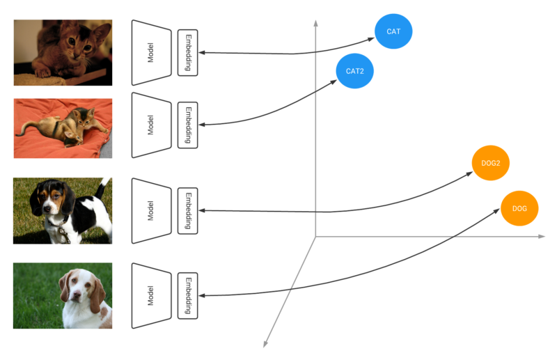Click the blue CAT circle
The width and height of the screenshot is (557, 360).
[x=393, y=32]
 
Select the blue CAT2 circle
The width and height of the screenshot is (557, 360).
[x=355, y=70]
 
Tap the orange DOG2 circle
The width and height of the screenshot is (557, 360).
[x=491, y=163]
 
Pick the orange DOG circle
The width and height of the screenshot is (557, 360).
[x=519, y=208]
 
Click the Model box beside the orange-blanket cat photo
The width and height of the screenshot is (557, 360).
[x=151, y=125]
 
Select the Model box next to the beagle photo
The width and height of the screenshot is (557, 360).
[x=151, y=210]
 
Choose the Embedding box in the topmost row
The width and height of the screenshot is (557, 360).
[x=188, y=52]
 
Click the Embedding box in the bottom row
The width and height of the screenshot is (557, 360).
[x=188, y=295]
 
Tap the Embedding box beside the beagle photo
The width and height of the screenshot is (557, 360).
[x=188, y=210]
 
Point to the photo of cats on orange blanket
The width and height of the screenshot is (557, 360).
[x=63, y=128]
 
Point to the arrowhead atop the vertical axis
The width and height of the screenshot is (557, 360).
[x=316, y=23]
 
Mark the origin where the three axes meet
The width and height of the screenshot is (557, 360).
[x=316, y=237]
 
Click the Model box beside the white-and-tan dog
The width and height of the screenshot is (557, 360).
[x=151, y=295]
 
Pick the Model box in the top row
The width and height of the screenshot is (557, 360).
[x=151, y=52]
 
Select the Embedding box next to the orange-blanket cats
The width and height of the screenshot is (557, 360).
[x=188, y=125]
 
